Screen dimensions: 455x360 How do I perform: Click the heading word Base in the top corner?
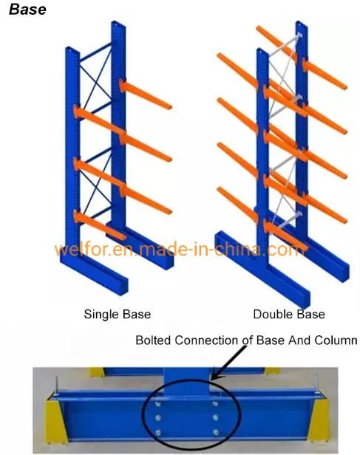click(x=27, y=10)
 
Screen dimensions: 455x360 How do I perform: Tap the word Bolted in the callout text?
click(x=153, y=341)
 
